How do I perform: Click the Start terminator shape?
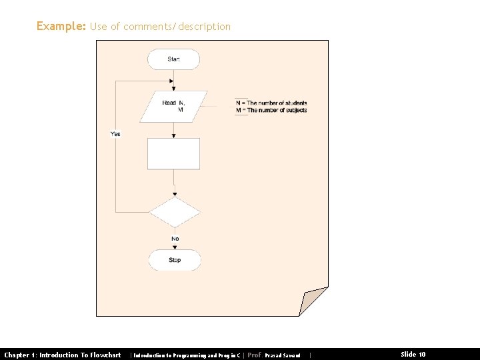coord(174,59)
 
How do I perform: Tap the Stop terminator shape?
coord(174,260)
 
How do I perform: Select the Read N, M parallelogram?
coord(173,106)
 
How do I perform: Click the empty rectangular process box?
coord(173,154)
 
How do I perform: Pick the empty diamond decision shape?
coord(175,213)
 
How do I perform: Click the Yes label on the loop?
coord(115,134)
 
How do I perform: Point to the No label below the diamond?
coord(175,239)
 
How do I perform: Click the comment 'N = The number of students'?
coord(271,103)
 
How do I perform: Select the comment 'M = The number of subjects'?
coord(271,110)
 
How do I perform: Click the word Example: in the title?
coord(61,26)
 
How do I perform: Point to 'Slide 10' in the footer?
coord(413,355)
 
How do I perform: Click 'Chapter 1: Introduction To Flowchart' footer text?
coord(63,355)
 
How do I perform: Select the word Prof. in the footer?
coord(254,355)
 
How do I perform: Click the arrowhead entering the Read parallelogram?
coord(173,88)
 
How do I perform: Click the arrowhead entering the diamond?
coord(175,194)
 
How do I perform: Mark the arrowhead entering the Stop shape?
coord(175,247)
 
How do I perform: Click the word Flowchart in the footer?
coord(104,355)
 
